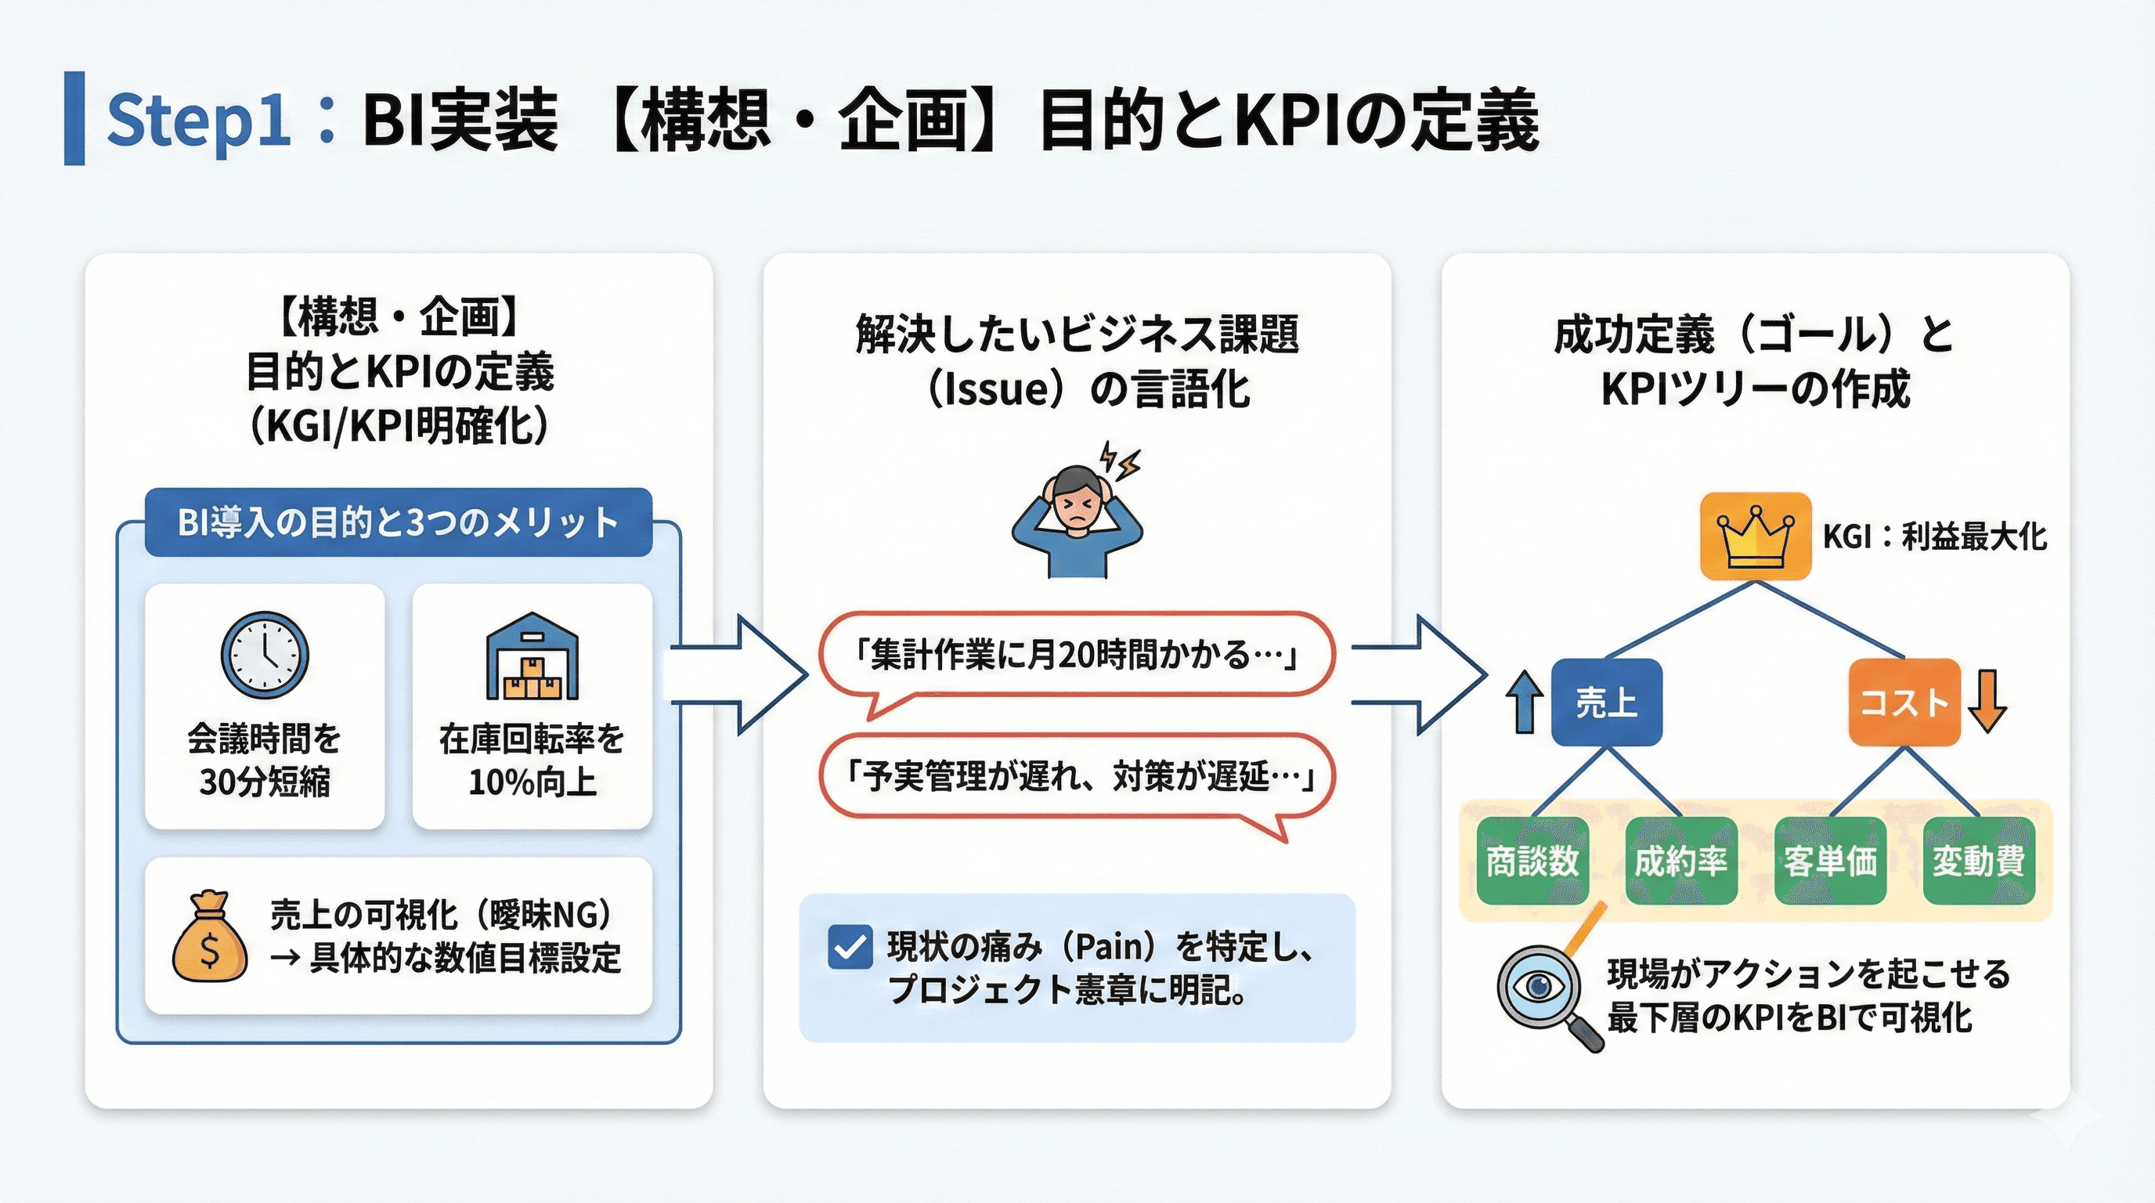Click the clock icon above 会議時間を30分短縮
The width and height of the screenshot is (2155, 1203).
tap(265, 655)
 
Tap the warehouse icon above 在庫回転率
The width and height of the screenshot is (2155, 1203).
tap(532, 656)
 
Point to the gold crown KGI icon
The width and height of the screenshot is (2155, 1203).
tap(1755, 536)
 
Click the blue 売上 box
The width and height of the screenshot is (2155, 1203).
tap(1606, 702)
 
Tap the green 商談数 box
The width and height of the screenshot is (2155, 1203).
tap(1532, 861)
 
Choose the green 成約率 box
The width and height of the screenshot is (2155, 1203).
tap(1680, 861)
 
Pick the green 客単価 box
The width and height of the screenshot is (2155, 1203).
tap(1829, 861)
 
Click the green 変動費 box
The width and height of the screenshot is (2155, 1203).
tap(1979, 861)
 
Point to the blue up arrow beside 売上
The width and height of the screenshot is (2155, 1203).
tap(1524, 702)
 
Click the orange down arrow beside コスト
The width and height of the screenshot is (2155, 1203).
tap(1987, 702)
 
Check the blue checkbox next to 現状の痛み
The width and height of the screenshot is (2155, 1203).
tap(850, 947)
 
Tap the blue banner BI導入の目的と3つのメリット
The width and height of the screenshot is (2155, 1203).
tap(399, 523)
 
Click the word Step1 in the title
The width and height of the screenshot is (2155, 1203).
tap(198, 120)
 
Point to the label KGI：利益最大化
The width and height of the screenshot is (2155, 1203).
tap(1934, 536)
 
